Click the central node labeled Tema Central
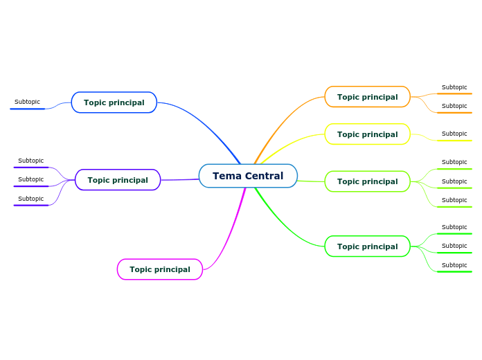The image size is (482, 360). tap(248, 176)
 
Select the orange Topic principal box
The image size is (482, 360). tap(367, 97)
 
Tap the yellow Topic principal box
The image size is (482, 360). tap(367, 134)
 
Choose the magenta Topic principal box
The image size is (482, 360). tap(159, 269)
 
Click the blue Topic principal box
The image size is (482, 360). tap(114, 102)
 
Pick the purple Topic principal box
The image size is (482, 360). tap(117, 180)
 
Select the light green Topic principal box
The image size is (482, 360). tap(367, 181)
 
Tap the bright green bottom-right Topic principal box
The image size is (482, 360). tap(367, 246)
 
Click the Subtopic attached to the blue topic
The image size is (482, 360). tap(28, 102)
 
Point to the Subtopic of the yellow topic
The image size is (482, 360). tap(454, 134)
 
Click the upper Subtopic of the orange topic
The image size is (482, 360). tap(454, 88)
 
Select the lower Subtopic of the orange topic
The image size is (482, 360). tap(454, 107)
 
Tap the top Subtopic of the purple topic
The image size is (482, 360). tap(30, 161)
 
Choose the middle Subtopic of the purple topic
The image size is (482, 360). tap(30, 180)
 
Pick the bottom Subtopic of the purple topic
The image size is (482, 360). tap(30, 199)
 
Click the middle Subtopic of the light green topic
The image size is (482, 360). tap(454, 182)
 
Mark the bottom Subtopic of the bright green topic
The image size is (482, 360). tap(454, 266)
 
